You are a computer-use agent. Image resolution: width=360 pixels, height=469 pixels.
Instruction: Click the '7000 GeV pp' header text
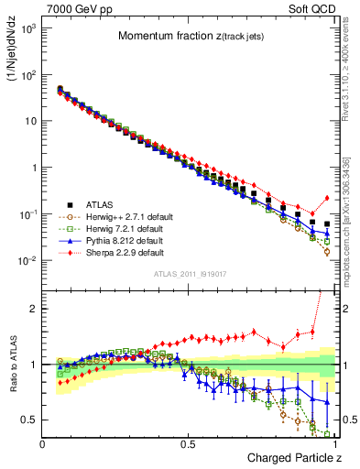[x=74, y=7]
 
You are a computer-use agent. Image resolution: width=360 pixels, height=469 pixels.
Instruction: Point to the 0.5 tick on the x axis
[x=190, y=444]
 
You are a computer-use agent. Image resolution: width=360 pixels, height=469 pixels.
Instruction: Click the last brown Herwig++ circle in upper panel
[x=327, y=251]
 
